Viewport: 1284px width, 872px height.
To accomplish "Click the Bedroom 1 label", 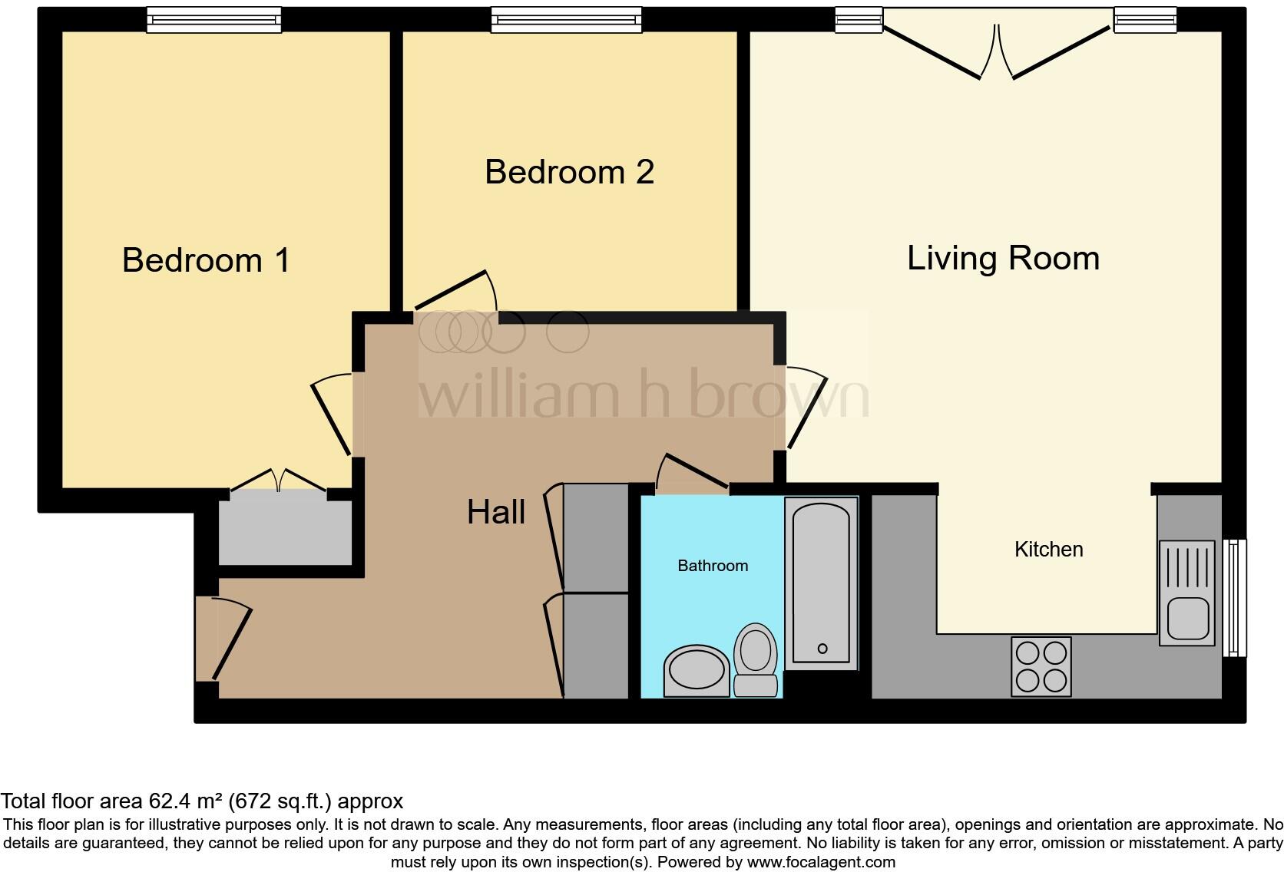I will pos(206,260).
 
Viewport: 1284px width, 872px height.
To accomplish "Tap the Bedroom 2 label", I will pos(569,172).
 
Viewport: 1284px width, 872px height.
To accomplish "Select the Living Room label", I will pos(1003,258).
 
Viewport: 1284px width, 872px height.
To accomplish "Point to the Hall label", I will pos(496,512).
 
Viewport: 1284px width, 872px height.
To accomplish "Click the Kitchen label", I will pos(1048,550).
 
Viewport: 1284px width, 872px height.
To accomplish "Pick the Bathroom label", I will pos(713,566).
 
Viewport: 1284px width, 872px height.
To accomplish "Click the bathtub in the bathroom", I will pos(821,583).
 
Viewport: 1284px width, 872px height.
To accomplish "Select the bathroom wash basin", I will pos(697,670).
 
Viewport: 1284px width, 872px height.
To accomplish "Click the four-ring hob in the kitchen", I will pos(1041,666).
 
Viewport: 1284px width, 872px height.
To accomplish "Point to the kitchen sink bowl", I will pos(1188,618).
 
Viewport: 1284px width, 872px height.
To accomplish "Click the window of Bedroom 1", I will pos(214,20).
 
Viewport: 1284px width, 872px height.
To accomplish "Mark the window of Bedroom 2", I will pos(566,20).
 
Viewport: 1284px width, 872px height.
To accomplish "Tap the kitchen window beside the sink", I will pos(1234,597).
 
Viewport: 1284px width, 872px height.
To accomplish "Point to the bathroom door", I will pos(693,471).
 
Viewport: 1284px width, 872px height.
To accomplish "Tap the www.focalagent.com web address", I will pos(821,862).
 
